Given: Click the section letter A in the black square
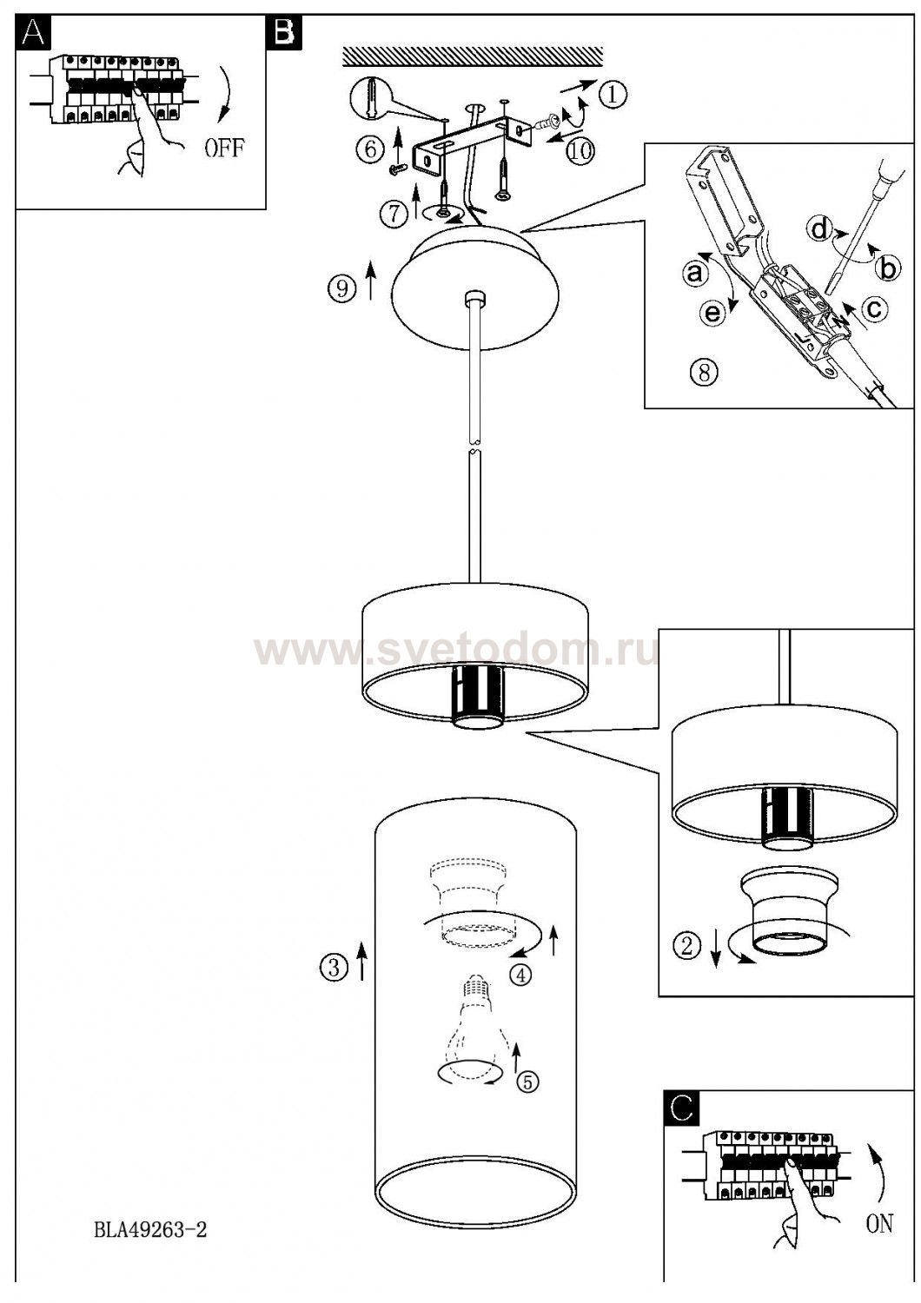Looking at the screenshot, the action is pyautogui.click(x=33, y=33).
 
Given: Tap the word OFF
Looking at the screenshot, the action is pyautogui.click(x=224, y=149).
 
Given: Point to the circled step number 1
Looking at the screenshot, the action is pyautogui.click(x=612, y=94).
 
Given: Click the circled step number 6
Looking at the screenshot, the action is pyautogui.click(x=371, y=149).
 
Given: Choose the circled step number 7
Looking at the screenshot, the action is pyautogui.click(x=395, y=215).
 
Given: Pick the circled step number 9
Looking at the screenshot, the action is pyautogui.click(x=342, y=289).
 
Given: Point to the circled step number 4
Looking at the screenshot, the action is pyautogui.click(x=520, y=975).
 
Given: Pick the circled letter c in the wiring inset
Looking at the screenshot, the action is pyautogui.click(x=873, y=309).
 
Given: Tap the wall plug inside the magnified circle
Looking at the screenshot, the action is pyautogui.click(x=372, y=97).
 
